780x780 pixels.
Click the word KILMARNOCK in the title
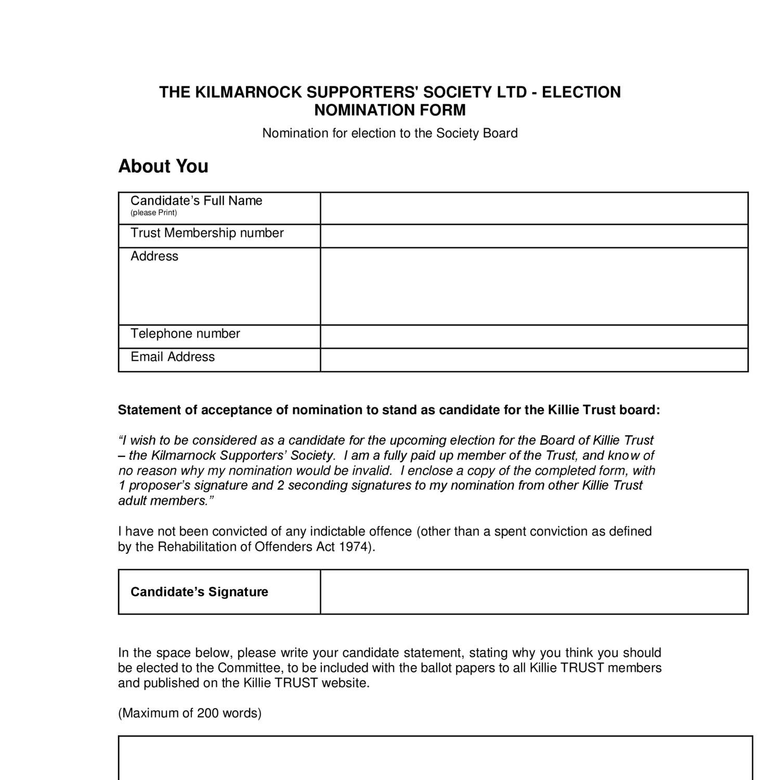pos(248,92)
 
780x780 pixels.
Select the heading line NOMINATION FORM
pos(389,110)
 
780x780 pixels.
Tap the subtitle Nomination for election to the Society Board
pos(389,133)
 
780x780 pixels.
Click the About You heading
pos(163,166)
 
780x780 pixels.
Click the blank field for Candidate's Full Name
pos(534,208)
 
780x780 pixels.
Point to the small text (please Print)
pos(153,213)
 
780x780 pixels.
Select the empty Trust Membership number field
pos(534,236)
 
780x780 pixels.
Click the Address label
pos(154,256)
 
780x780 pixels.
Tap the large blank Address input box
pos(534,286)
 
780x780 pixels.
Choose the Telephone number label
pos(185,333)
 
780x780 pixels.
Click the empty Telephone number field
pos(534,336)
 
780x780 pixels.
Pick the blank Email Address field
pos(534,360)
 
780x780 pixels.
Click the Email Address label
pos(173,357)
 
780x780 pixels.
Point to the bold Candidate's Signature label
pos(199,592)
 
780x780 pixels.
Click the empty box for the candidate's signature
pos(534,592)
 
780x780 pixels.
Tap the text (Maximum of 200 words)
pos(190,713)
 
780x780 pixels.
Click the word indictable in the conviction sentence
pos(337,531)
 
